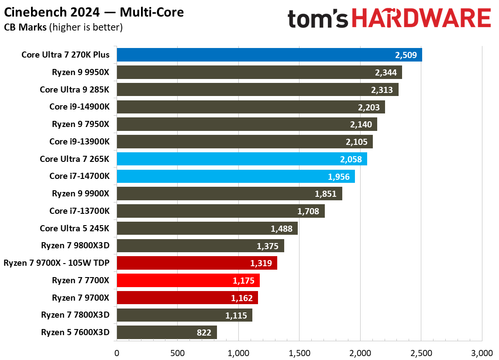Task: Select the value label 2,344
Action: (x=386, y=72)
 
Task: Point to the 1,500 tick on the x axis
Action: (x=299, y=353)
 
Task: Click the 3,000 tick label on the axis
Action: (x=482, y=353)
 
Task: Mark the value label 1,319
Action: (x=261, y=263)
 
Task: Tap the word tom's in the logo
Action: (x=318, y=19)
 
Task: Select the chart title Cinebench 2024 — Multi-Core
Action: (x=94, y=12)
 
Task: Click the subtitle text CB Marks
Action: (x=26, y=27)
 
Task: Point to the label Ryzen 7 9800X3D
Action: (x=75, y=246)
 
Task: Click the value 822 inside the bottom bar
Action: (x=204, y=333)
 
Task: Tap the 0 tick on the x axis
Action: (x=117, y=353)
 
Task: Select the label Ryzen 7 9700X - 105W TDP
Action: (x=56, y=263)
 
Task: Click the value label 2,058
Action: (x=351, y=159)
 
